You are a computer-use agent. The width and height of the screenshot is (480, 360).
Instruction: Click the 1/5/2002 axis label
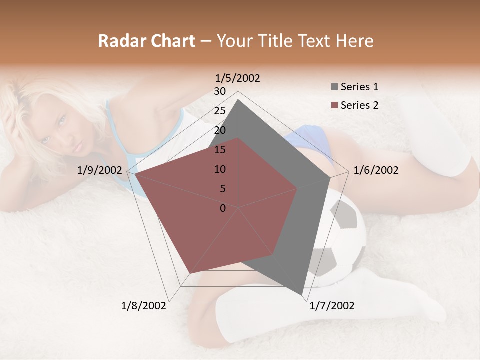pyautogui.click(x=238, y=78)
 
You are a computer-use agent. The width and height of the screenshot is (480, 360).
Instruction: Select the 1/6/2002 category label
pyautogui.click(x=376, y=170)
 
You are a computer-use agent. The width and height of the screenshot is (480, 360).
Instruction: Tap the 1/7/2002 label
pyautogui.click(x=332, y=305)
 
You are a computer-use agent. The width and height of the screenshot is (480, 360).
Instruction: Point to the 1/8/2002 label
pyautogui.click(x=144, y=305)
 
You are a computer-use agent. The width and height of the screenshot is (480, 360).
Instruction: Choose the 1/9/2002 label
pyautogui.click(x=100, y=170)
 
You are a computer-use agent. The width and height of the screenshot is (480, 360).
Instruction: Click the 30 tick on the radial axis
pyautogui.click(x=220, y=91)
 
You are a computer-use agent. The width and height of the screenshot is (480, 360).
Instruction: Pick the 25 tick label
pyautogui.click(x=220, y=111)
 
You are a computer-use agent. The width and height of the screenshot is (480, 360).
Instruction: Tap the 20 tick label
pyautogui.click(x=220, y=130)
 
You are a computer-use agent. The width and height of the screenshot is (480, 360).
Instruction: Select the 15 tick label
pyautogui.click(x=220, y=150)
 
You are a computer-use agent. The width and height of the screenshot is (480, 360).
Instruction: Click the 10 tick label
pyautogui.click(x=220, y=169)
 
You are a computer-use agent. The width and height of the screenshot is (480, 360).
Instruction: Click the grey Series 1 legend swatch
pyautogui.click(x=334, y=87)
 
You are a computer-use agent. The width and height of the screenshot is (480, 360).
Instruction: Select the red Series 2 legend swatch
pyautogui.click(x=334, y=105)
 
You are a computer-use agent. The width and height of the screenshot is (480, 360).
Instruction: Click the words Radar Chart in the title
pyautogui.click(x=146, y=41)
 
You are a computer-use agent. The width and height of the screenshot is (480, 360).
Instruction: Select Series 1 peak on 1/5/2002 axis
pyautogui.click(x=238, y=99)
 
